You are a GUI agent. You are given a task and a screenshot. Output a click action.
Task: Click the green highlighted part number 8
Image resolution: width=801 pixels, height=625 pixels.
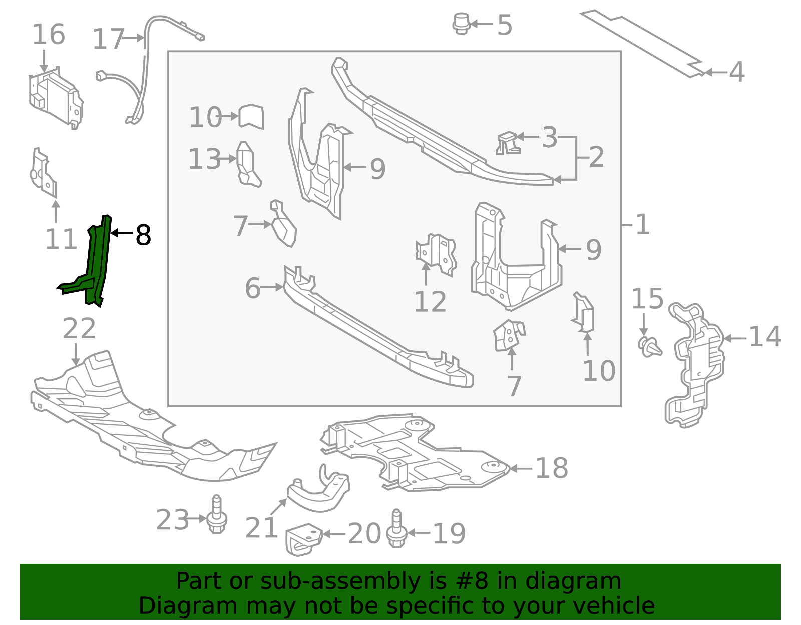tap(97, 260)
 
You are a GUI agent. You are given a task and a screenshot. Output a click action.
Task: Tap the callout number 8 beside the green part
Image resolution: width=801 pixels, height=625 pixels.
tap(143, 235)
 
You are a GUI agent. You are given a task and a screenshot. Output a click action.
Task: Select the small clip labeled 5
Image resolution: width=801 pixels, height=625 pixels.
tap(461, 24)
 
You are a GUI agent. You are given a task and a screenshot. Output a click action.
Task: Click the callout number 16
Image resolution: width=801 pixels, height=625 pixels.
tap(48, 35)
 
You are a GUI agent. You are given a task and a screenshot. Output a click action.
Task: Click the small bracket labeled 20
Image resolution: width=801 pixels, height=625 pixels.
tap(303, 539)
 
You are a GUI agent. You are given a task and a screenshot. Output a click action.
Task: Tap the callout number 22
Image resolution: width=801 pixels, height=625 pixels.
tap(79, 329)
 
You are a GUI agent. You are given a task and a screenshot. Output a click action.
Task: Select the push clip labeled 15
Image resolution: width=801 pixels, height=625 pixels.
tap(650, 346)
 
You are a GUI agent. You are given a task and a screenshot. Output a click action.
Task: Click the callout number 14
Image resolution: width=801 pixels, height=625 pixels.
tap(764, 337)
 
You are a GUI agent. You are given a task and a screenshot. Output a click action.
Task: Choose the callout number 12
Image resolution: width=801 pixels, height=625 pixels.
tap(430, 302)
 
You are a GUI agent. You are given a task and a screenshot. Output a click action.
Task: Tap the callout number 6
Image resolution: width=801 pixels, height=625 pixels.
tap(252, 288)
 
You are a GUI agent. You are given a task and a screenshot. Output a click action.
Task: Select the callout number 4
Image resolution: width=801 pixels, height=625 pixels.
tap(736, 72)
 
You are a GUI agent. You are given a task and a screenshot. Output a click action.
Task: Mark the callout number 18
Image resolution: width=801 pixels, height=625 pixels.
tap(551, 468)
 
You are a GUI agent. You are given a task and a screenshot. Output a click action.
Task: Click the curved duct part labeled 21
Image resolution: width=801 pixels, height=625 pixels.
tap(318, 493)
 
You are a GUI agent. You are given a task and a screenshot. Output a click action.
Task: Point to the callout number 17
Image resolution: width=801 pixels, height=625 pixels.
tap(108, 39)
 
